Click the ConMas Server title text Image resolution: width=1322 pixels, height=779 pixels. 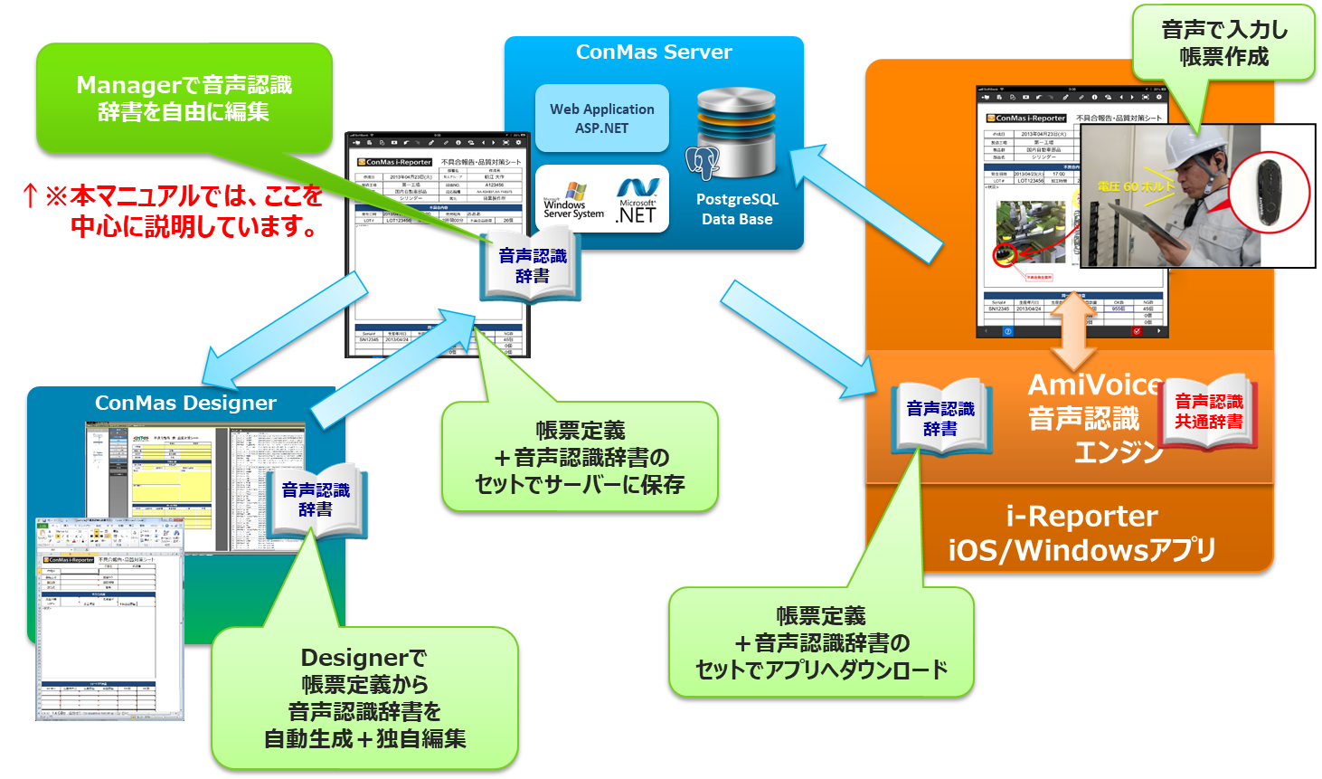coord(654,52)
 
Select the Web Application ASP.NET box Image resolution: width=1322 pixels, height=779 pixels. coord(602,119)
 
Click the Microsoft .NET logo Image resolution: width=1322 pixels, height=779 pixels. coord(637,200)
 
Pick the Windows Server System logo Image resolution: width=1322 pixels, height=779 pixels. coord(572,202)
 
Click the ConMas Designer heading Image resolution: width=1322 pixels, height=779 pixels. coord(185,404)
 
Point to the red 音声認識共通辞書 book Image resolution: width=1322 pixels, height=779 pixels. coord(1208,412)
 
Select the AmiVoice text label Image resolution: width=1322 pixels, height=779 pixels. coord(1094,385)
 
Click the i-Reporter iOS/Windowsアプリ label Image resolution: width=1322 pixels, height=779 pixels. coord(1081,533)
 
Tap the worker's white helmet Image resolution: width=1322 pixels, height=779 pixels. coord(1192,145)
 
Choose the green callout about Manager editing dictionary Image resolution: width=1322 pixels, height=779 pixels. coord(184,98)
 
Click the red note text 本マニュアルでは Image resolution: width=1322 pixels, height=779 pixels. coord(172,211)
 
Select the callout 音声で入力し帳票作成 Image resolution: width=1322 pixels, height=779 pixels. coord(1223,43)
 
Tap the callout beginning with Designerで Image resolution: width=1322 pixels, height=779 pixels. coord(364,698)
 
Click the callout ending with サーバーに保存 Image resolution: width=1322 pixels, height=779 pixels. coord(580,457)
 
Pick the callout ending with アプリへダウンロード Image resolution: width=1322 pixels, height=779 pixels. coord(821,642)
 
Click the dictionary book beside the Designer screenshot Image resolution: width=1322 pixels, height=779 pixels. coord(315,500)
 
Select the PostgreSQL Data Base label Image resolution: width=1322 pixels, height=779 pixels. coord(737,209)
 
